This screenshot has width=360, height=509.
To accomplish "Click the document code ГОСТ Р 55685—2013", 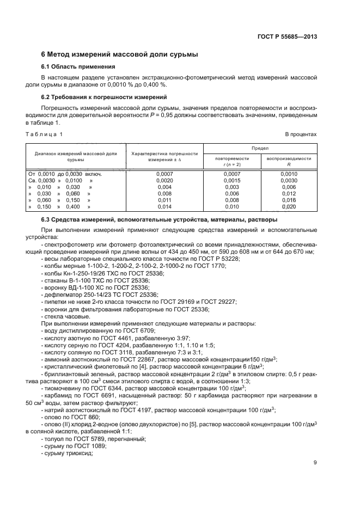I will point(287,36).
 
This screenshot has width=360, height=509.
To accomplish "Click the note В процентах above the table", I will point(301,133).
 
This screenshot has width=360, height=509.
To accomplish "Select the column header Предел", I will point(260,148).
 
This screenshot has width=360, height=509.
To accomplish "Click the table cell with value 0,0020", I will point(164,180).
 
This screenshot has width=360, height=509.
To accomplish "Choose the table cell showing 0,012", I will point(289,193).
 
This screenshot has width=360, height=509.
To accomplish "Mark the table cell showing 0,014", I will point(164,207).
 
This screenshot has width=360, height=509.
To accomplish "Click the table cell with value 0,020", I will point(289,207).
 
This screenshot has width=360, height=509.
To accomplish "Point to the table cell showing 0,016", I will point(289,200).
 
